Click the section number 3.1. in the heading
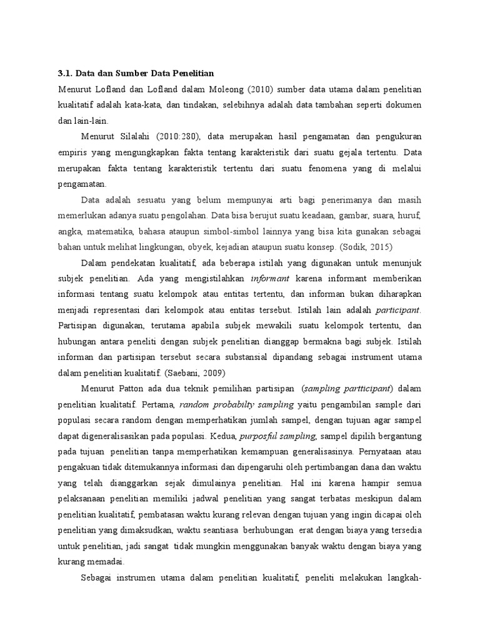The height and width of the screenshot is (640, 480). pyautogui.click(x=66, y=73)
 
